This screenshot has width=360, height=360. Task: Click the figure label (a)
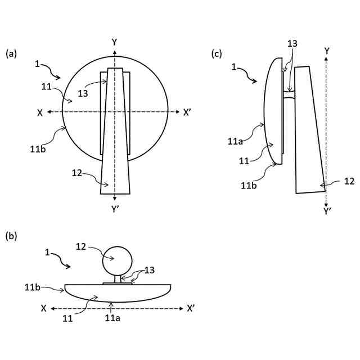(x=11, y=54)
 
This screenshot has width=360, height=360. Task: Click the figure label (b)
(x=11, y=236)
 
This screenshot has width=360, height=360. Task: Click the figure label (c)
(x=217, y=54)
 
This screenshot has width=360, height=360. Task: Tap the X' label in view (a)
(x=188, y=112)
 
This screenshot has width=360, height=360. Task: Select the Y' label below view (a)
(x=115, y=209)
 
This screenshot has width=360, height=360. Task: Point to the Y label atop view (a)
(x=115, y=42)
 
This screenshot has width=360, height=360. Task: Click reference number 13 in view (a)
(x=83, y=94)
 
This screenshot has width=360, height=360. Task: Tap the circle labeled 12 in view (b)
(x=117, y=260)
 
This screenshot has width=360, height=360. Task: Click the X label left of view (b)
(x=43, y=308)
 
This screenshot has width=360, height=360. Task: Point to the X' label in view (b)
(x=191, y=308)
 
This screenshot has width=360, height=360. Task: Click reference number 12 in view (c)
(x=349, y=181)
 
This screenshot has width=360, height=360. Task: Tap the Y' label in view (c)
(x=327, y=211)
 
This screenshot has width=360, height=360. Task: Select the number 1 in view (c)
(x=235, y=67)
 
